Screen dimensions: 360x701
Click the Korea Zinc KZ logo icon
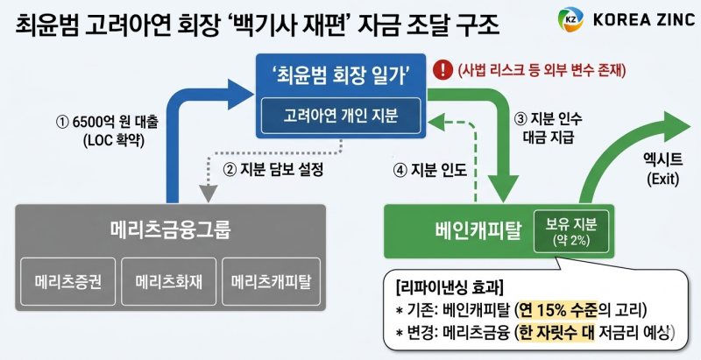(570, 18)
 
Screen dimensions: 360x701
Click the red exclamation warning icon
(445, 67)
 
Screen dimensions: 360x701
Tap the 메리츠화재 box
(168, 283)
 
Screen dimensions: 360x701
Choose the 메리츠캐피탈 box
(271, 283)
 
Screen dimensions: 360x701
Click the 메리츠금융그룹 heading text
(170, 229)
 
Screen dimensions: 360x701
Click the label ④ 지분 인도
(422, 168)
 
